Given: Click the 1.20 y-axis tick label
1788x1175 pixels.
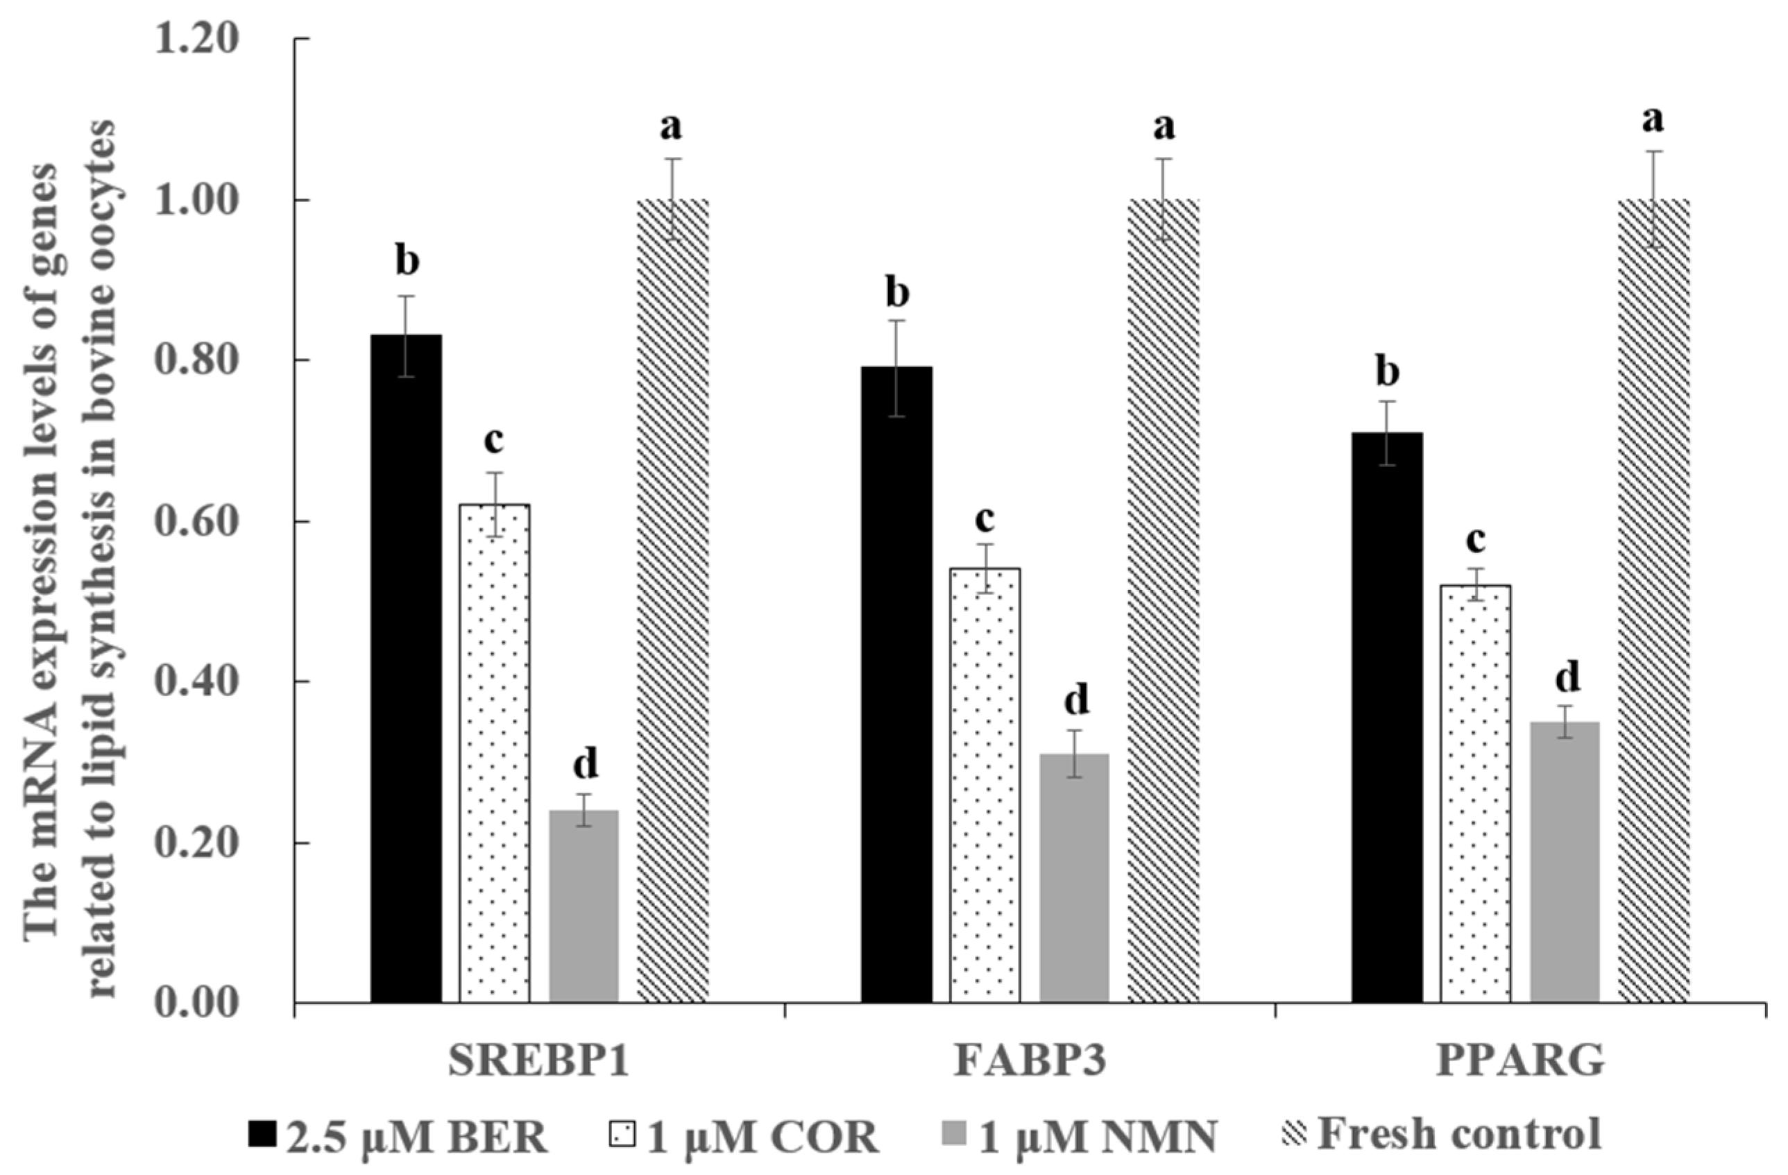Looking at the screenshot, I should pos(197,38).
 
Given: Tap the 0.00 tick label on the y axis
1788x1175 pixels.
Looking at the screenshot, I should pos(197,1004).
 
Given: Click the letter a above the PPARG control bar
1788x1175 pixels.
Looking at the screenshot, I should pos(1653,120).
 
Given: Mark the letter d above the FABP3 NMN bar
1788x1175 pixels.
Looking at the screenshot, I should pos(1076,700).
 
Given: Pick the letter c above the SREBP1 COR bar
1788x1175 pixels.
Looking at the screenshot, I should pos(493,441).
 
